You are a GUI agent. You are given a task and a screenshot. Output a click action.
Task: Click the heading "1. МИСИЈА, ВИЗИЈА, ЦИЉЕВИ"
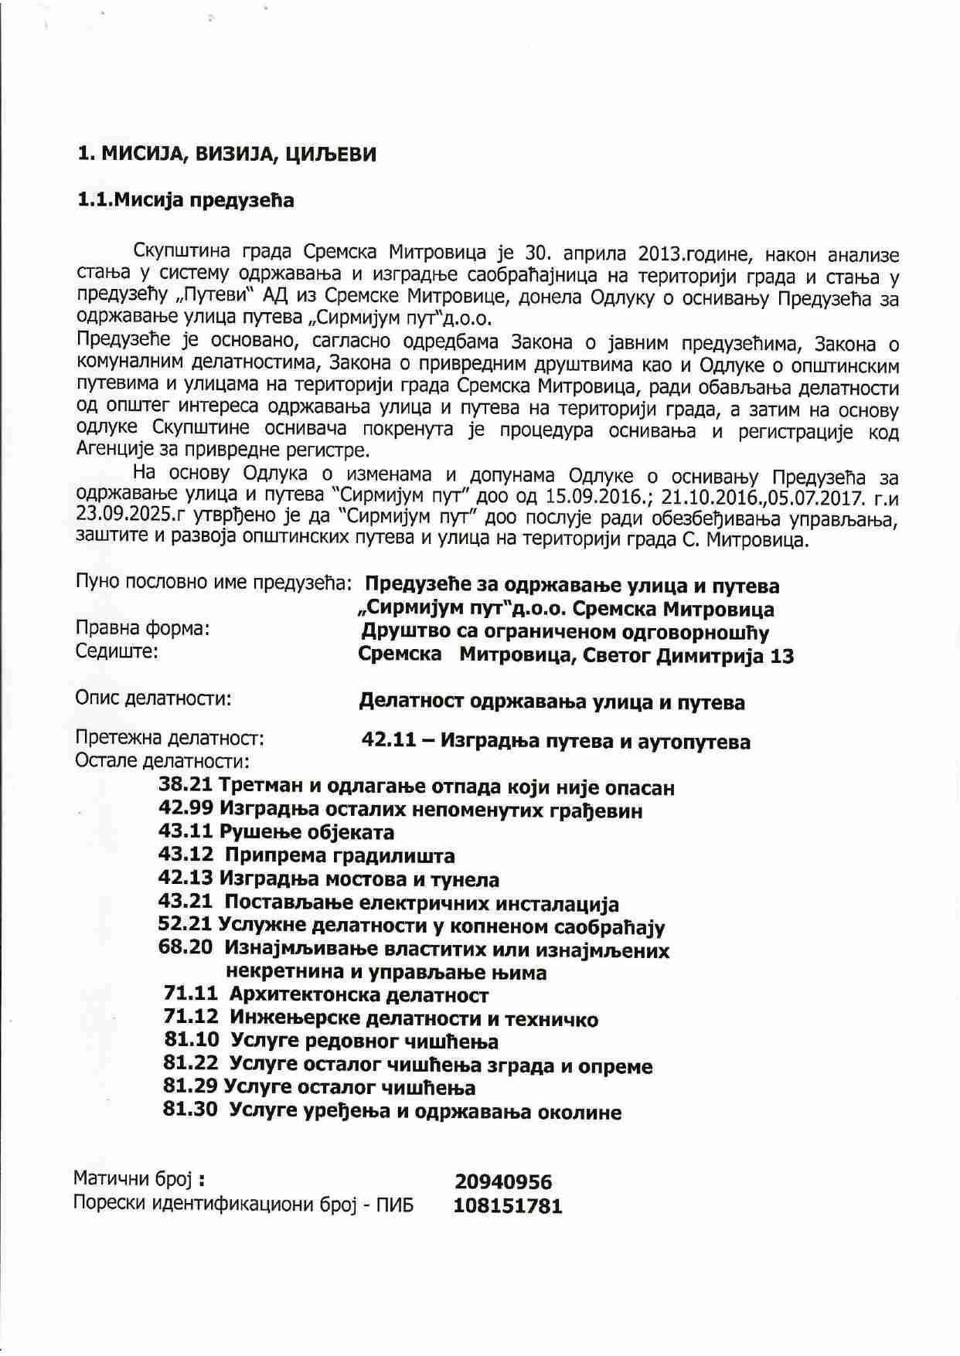tap(226, 154)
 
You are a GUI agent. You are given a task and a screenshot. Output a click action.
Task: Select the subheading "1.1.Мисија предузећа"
tap(186, 200)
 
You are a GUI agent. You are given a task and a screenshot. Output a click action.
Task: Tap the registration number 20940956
tap(503, 1181)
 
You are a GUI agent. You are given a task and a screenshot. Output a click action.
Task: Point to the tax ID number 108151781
tap(508, 1205)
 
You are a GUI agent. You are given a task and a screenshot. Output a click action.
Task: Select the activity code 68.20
tap(186, 947)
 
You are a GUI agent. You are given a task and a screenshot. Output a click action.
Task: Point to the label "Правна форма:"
tap(142, 629)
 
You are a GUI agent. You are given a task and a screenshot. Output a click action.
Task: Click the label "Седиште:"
tap(117, 651)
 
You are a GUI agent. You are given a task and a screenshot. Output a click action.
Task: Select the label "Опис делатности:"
tap(153, 699)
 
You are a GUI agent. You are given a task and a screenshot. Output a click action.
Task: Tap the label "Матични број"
tap(132, 1179)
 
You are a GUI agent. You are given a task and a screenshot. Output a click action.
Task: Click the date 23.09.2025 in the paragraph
tap(113, 515)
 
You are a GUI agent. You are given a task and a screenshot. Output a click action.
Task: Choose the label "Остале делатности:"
tap(162, 761)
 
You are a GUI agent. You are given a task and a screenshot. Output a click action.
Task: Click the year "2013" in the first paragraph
tap(658, 253)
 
